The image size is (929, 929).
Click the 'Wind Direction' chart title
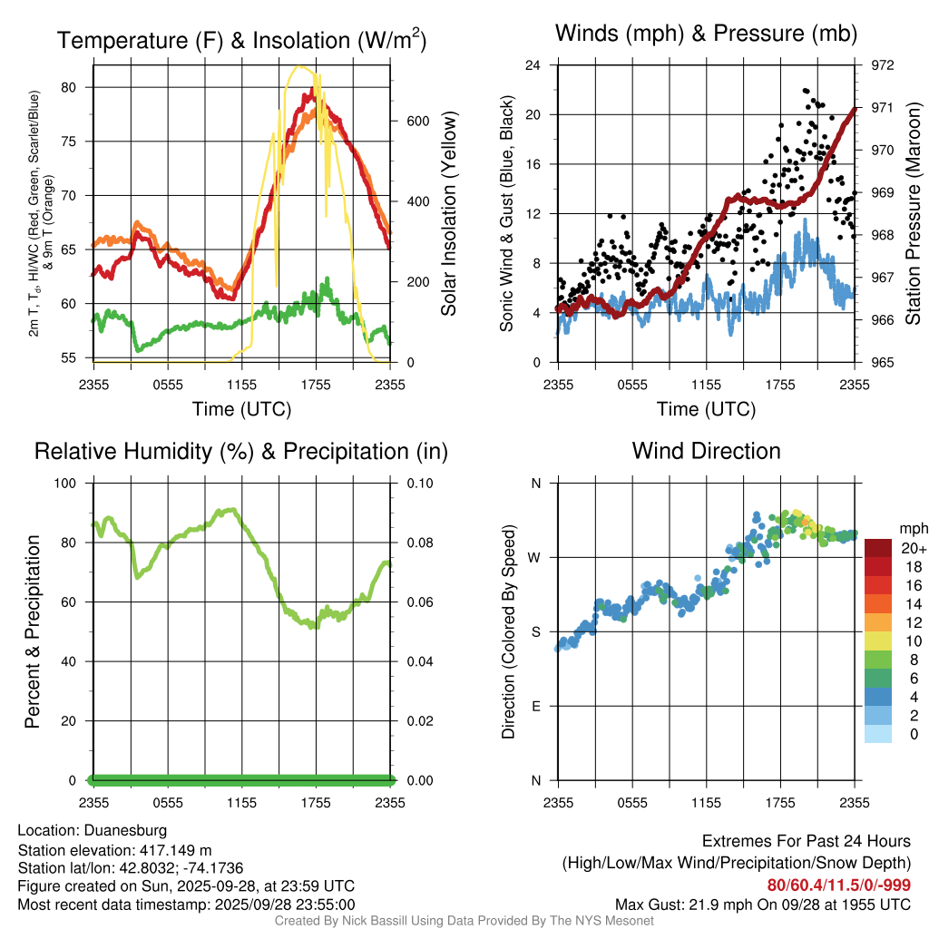click(x=706, y=451)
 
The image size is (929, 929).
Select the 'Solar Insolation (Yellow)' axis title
click(x=449, y=214)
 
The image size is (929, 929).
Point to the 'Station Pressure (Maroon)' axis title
click(x=913, y=214)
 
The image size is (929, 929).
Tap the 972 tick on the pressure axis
click(x=883, y=65)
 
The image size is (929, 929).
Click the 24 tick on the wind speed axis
click(x=533, y=65)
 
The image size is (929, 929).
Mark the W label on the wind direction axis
click(x=535, y=557)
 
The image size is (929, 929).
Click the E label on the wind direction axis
click(x=536, y=706)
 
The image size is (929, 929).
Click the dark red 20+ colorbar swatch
click(x=878, y=548)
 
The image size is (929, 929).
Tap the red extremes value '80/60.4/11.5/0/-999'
click(x=839, y=885)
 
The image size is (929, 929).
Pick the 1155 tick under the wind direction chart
click(x=706, y=802)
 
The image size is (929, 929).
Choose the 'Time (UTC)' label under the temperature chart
click(x=241, y=409)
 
